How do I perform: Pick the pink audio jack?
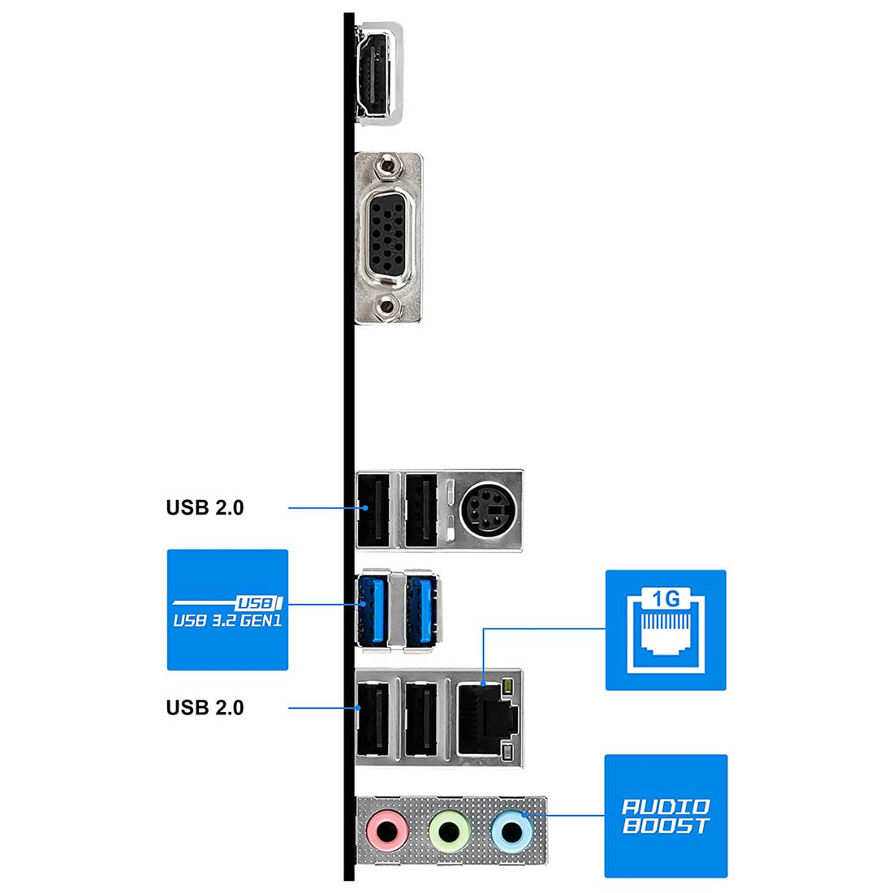click(x=386, y=830)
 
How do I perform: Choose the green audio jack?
click(x=446, y=830)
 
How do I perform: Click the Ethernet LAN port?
click(x=484, y=718)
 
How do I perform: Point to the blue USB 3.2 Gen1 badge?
click(x=227, y=610)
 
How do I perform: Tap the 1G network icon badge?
click(x=666, y=630)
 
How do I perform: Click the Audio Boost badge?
click(x=666, y=816)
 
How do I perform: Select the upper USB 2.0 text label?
click(x=205, y=508)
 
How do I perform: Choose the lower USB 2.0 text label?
click(x=205, y=708)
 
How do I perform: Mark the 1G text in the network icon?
click(x=666, y=599)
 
